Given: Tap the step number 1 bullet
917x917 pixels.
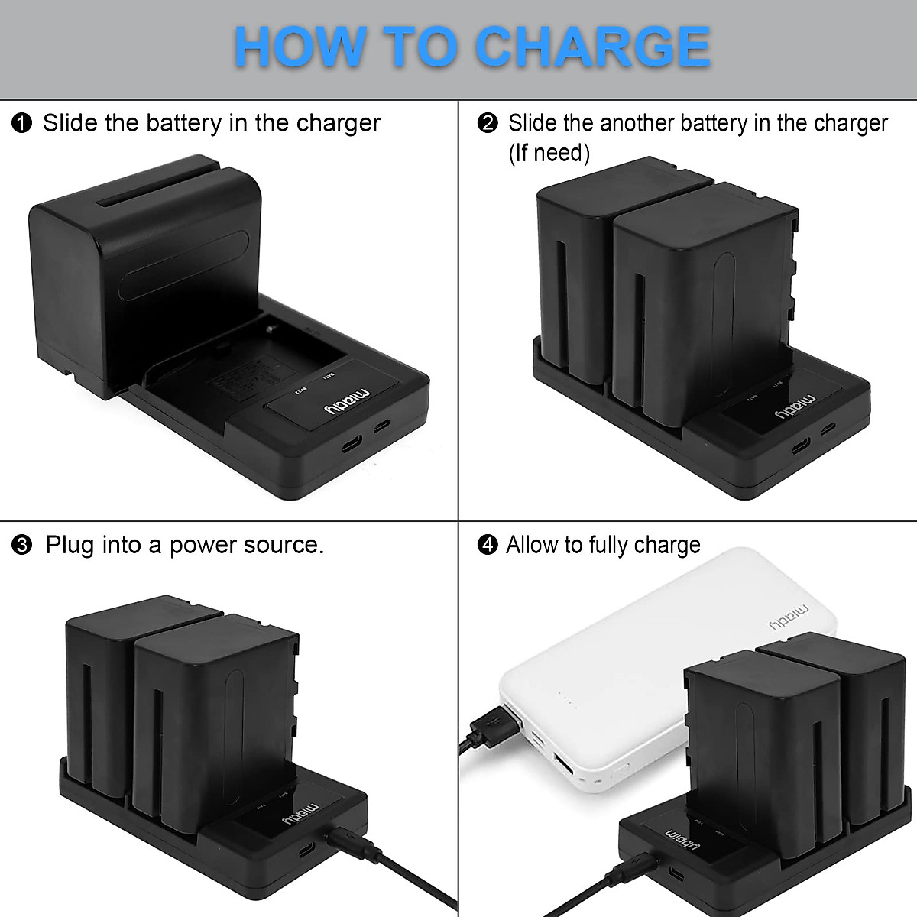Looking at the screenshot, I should (22, 123).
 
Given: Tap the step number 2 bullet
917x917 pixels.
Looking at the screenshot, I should (488, 123).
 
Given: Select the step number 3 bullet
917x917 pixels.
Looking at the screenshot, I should (22, 545).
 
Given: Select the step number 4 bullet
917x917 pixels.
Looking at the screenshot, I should (488, 545).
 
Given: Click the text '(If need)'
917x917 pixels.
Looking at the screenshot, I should (549, 153).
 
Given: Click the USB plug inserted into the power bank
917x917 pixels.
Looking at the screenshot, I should (497, 724).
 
